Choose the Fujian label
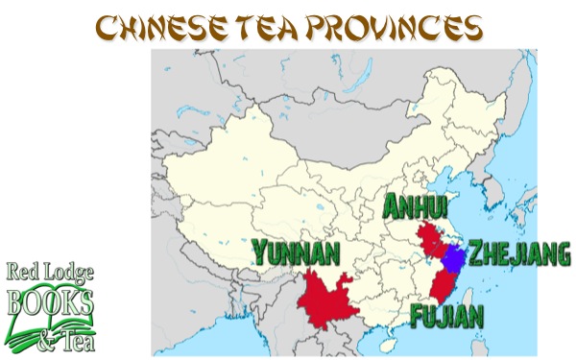coord(447,315)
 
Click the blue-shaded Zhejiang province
coord(452,258)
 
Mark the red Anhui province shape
coord(428,238)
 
